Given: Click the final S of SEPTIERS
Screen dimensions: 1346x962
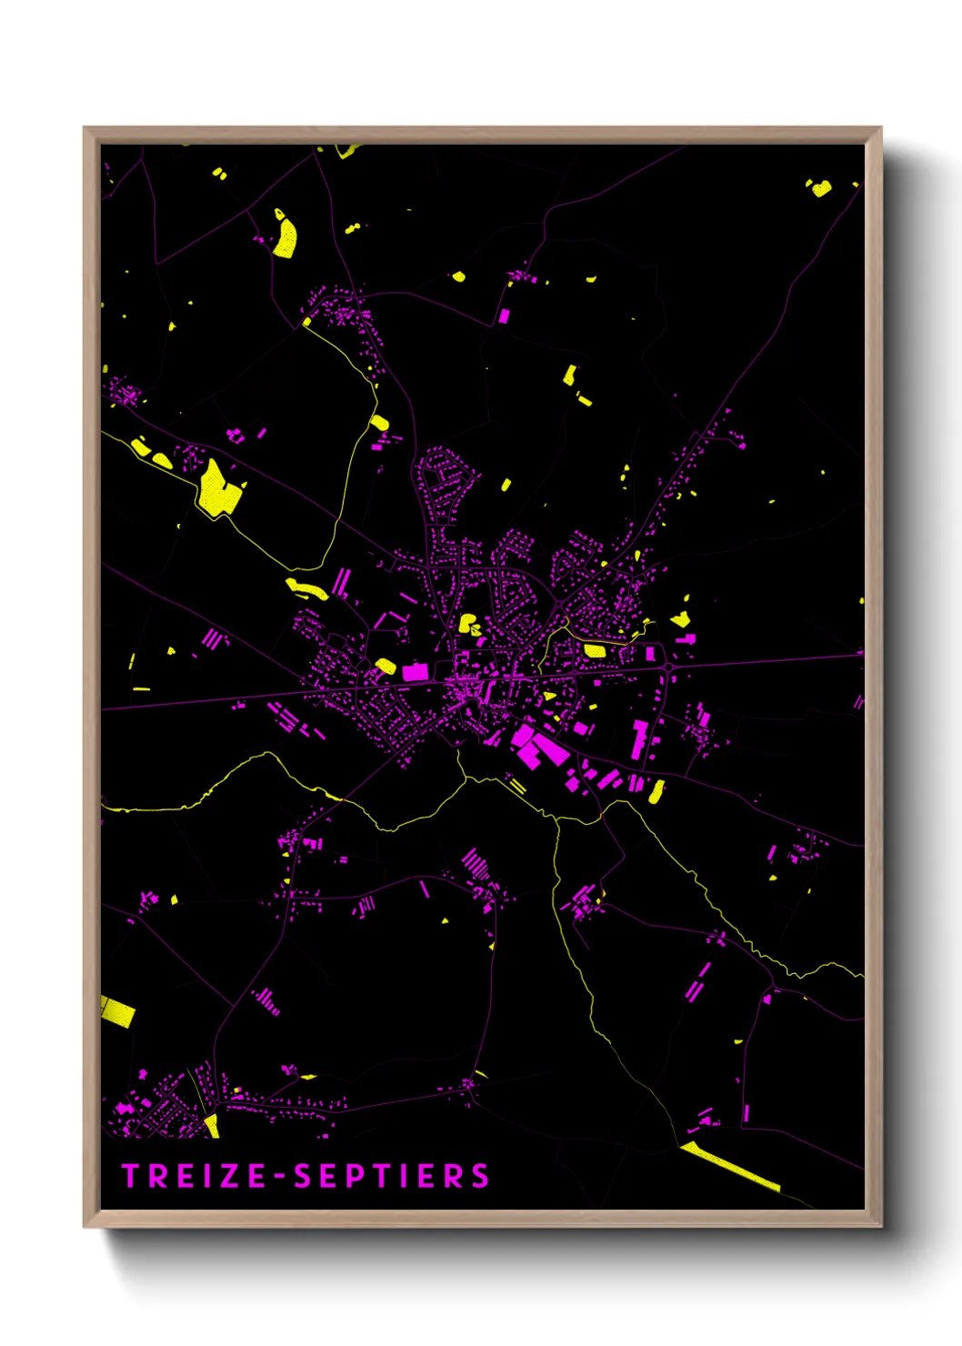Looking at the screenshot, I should click(x=480, y=1176).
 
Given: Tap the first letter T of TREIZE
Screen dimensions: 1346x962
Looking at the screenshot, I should click(x=130, y=1176).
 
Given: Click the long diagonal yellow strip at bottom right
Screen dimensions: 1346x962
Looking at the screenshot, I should click(x=730, y=1167).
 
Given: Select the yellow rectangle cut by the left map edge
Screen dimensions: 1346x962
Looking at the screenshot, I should click(x=117, y=1010).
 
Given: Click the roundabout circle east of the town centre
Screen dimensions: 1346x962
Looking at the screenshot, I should click(x=669, y=668).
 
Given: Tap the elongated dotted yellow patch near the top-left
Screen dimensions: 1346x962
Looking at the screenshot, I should click(x=286, y=235).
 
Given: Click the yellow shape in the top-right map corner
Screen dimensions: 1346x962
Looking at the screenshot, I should click(x=820, y=188).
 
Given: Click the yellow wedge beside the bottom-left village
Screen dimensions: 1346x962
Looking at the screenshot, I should click(x=212, y=1125).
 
